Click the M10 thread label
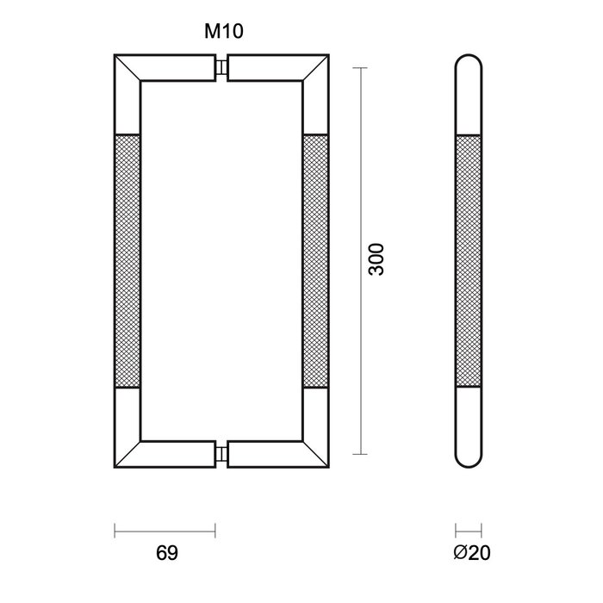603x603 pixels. pos(222,33)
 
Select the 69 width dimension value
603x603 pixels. pos(168,552)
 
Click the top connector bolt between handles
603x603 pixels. pos(223,69)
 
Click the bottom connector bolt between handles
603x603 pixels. pos(223,452)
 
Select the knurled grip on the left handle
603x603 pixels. pos(127,260)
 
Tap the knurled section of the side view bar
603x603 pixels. pos(469,260)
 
